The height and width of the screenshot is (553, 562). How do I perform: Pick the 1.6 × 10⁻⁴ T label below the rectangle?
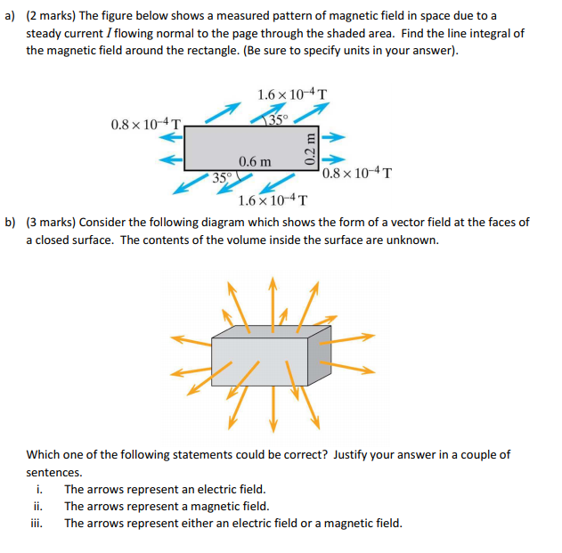[273, 200]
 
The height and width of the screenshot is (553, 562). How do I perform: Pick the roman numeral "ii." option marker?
[39, 506]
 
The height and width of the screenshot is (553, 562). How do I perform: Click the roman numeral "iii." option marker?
[39, 523]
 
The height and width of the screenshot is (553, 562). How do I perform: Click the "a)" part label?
[12, 16]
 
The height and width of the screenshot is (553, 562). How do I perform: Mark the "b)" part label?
[12, 222]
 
